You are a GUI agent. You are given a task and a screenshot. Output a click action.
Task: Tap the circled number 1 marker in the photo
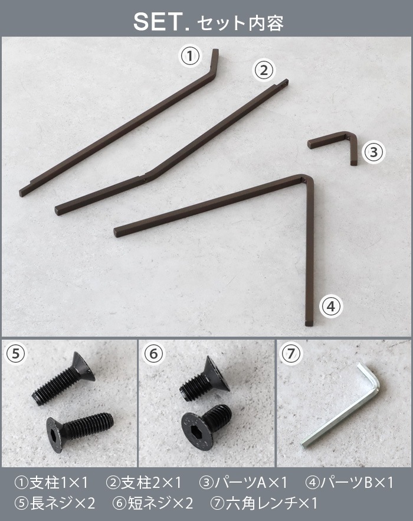(x=190, y=56)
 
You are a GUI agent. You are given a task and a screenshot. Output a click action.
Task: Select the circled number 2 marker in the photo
(x=264, y=70)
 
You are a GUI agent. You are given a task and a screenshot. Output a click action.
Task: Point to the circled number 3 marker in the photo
(x=373, y=152)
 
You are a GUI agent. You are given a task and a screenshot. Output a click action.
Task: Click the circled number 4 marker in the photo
(x=331, y=307)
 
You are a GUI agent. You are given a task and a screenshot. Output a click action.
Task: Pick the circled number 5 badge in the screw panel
(x=16, y=354)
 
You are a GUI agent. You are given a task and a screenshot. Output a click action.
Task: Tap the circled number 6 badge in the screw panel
(x=154, y=354)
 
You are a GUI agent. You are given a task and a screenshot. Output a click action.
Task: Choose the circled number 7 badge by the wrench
(x=291, y=354)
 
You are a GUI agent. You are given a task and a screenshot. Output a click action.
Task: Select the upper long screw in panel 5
(x=64, y=379)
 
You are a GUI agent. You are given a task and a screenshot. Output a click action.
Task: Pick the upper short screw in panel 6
(x=205, y=379)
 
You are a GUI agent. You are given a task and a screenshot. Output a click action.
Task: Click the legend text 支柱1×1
(x=52, y=483)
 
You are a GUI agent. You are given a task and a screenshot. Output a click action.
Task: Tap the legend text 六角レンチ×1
(x=264, y=503)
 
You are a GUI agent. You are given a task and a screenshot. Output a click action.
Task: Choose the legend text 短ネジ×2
(x=153, y=503)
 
